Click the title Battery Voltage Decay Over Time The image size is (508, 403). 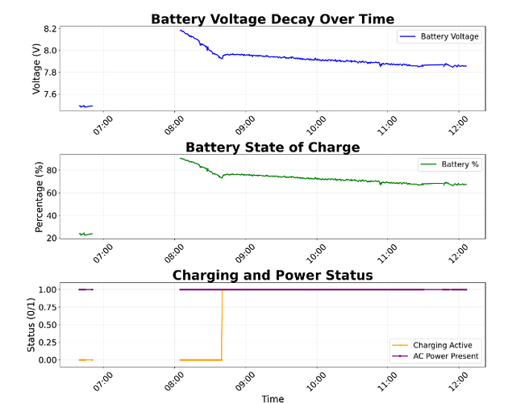coord(273,19)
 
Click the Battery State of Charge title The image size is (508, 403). coord(273,147)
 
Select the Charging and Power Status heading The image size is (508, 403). coord(273,275)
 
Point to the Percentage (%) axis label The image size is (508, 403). coord(38,197)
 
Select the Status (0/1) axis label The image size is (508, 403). coord(32,324)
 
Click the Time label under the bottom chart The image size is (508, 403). coord(273,398)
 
